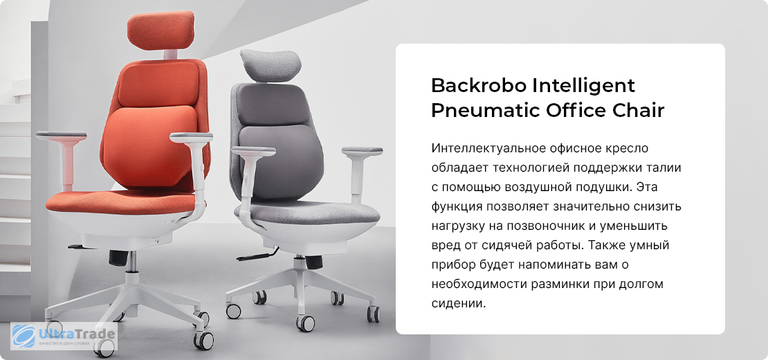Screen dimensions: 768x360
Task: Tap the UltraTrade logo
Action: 64,336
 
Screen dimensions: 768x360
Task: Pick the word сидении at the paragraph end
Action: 459,303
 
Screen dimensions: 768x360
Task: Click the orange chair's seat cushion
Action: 122,201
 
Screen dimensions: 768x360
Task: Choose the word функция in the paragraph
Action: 457,208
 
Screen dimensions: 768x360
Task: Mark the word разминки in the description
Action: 561,285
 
